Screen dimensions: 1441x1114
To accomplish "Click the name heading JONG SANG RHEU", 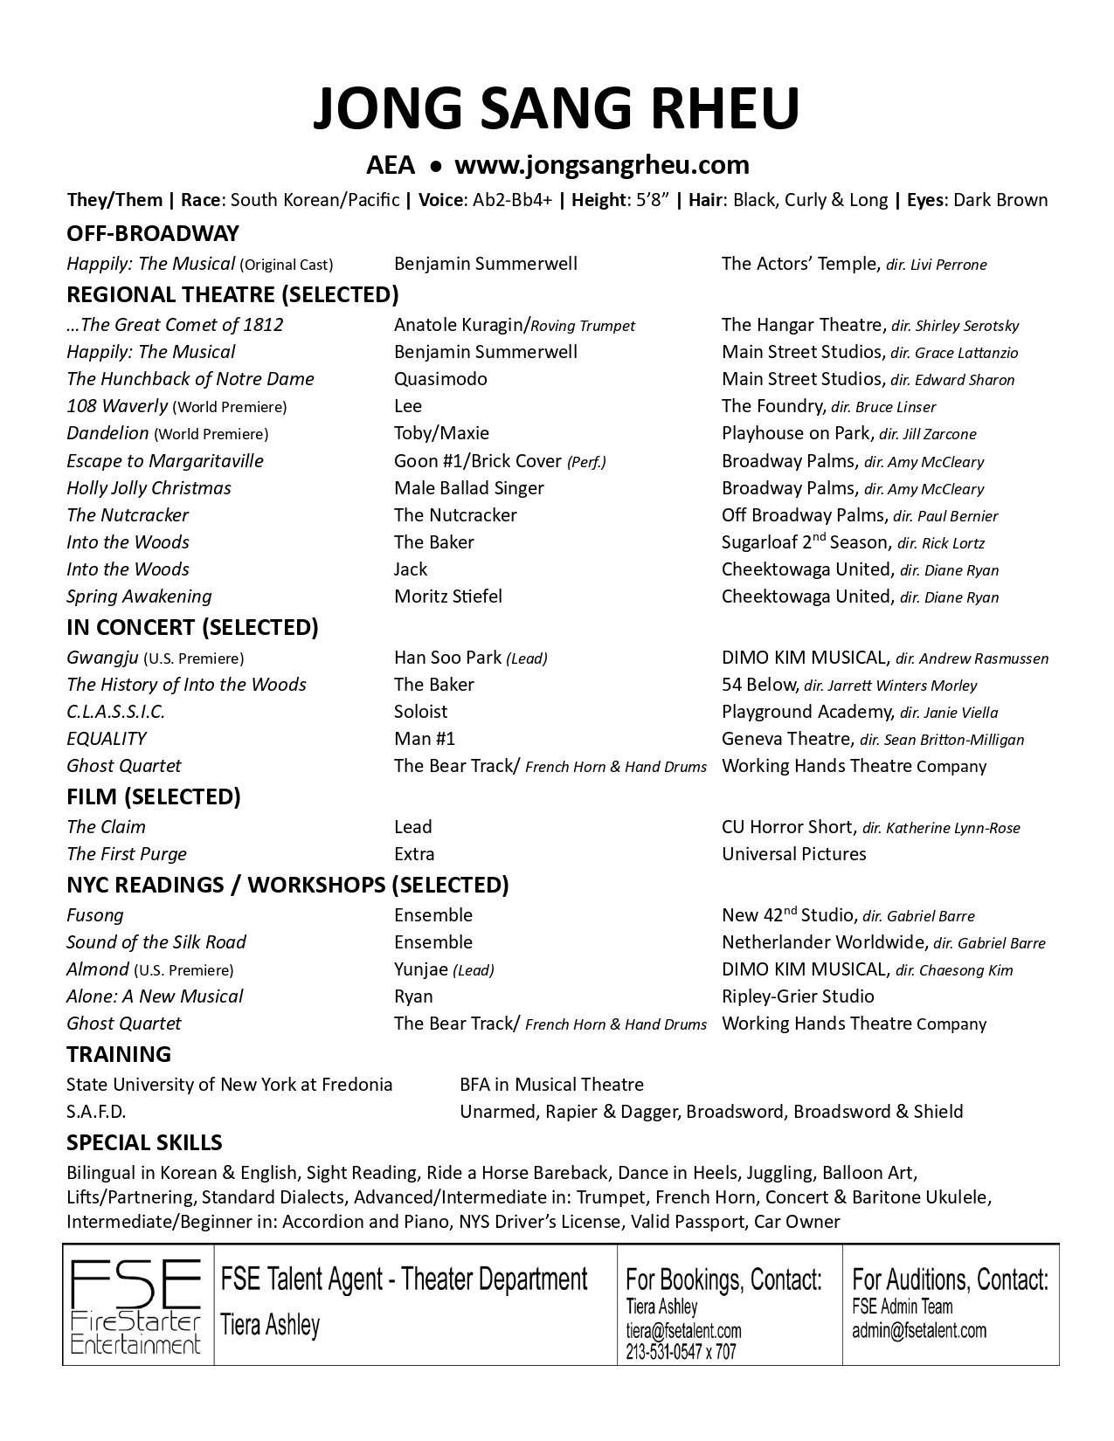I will coord(556,111).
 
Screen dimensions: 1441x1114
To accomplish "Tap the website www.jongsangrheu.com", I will coord(602,164).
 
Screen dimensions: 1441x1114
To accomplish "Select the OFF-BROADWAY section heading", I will coord(152,233).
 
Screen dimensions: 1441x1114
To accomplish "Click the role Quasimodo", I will coord(440,379).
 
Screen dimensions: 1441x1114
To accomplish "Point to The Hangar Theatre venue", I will coord(802,325).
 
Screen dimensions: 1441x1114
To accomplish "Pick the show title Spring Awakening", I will coord(139,596).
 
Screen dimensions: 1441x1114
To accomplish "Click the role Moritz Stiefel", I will coord(447,596).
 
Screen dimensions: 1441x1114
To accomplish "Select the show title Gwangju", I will coord(101,658).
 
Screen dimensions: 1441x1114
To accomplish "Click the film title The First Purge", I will coord(126,854).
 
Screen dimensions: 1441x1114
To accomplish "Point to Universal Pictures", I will coord(793,854).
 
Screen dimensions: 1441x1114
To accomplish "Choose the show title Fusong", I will coord(94,915).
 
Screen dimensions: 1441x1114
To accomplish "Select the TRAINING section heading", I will coord(118,1054).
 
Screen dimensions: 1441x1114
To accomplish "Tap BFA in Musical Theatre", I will coord(551,1085).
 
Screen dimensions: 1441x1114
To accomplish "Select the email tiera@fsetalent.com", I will coord(683,1331).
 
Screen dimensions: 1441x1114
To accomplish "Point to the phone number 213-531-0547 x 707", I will coord(681,1351).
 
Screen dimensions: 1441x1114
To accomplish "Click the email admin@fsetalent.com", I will coord(919,1331).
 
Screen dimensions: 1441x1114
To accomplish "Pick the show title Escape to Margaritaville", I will coord(164,461).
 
